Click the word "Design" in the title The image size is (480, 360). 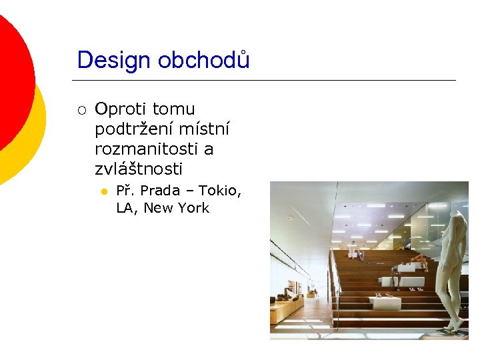coord(114,61)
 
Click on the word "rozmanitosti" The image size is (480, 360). coord(153,149)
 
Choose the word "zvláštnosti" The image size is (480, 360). coord(138,169)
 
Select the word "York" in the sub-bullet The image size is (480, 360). coord(194,208)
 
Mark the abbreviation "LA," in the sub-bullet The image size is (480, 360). coord(127,208)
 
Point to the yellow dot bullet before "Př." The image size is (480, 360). coord(103,192)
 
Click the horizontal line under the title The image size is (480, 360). coord(267,81)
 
